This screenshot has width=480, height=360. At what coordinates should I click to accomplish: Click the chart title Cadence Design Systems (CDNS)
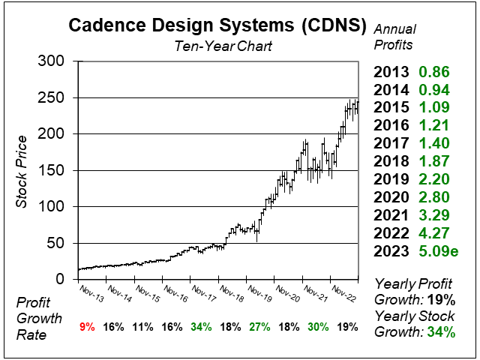point(218,25)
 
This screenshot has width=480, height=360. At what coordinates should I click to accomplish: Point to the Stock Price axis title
point(22,171)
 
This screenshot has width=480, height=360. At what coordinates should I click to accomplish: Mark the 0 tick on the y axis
point(60,279)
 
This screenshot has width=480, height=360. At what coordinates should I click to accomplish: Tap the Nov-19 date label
point(259,291)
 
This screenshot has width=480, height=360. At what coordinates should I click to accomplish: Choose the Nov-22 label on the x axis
point(343,291)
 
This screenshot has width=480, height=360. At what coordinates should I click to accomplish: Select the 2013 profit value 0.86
point(433,73)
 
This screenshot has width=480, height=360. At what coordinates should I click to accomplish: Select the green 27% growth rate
point(258,327)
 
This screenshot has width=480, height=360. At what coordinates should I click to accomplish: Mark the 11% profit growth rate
point(143,327)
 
